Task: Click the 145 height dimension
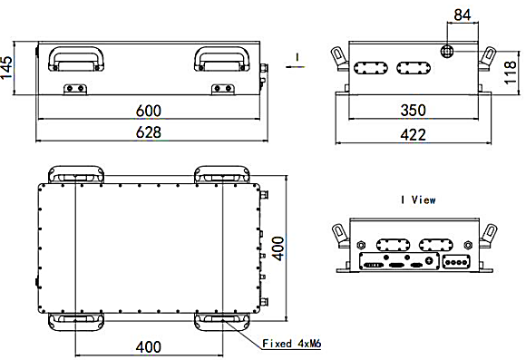point(6,67)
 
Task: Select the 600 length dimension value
point(148,111)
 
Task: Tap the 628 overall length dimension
point(148,132)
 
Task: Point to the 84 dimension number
point(463,15)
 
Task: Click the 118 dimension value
point(511,73)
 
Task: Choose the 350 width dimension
point(413,110)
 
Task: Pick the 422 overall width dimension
point(413,135)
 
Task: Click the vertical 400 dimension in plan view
point(278,248)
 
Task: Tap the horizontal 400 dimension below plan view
point(148,347)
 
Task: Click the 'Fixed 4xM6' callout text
point(292,344)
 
